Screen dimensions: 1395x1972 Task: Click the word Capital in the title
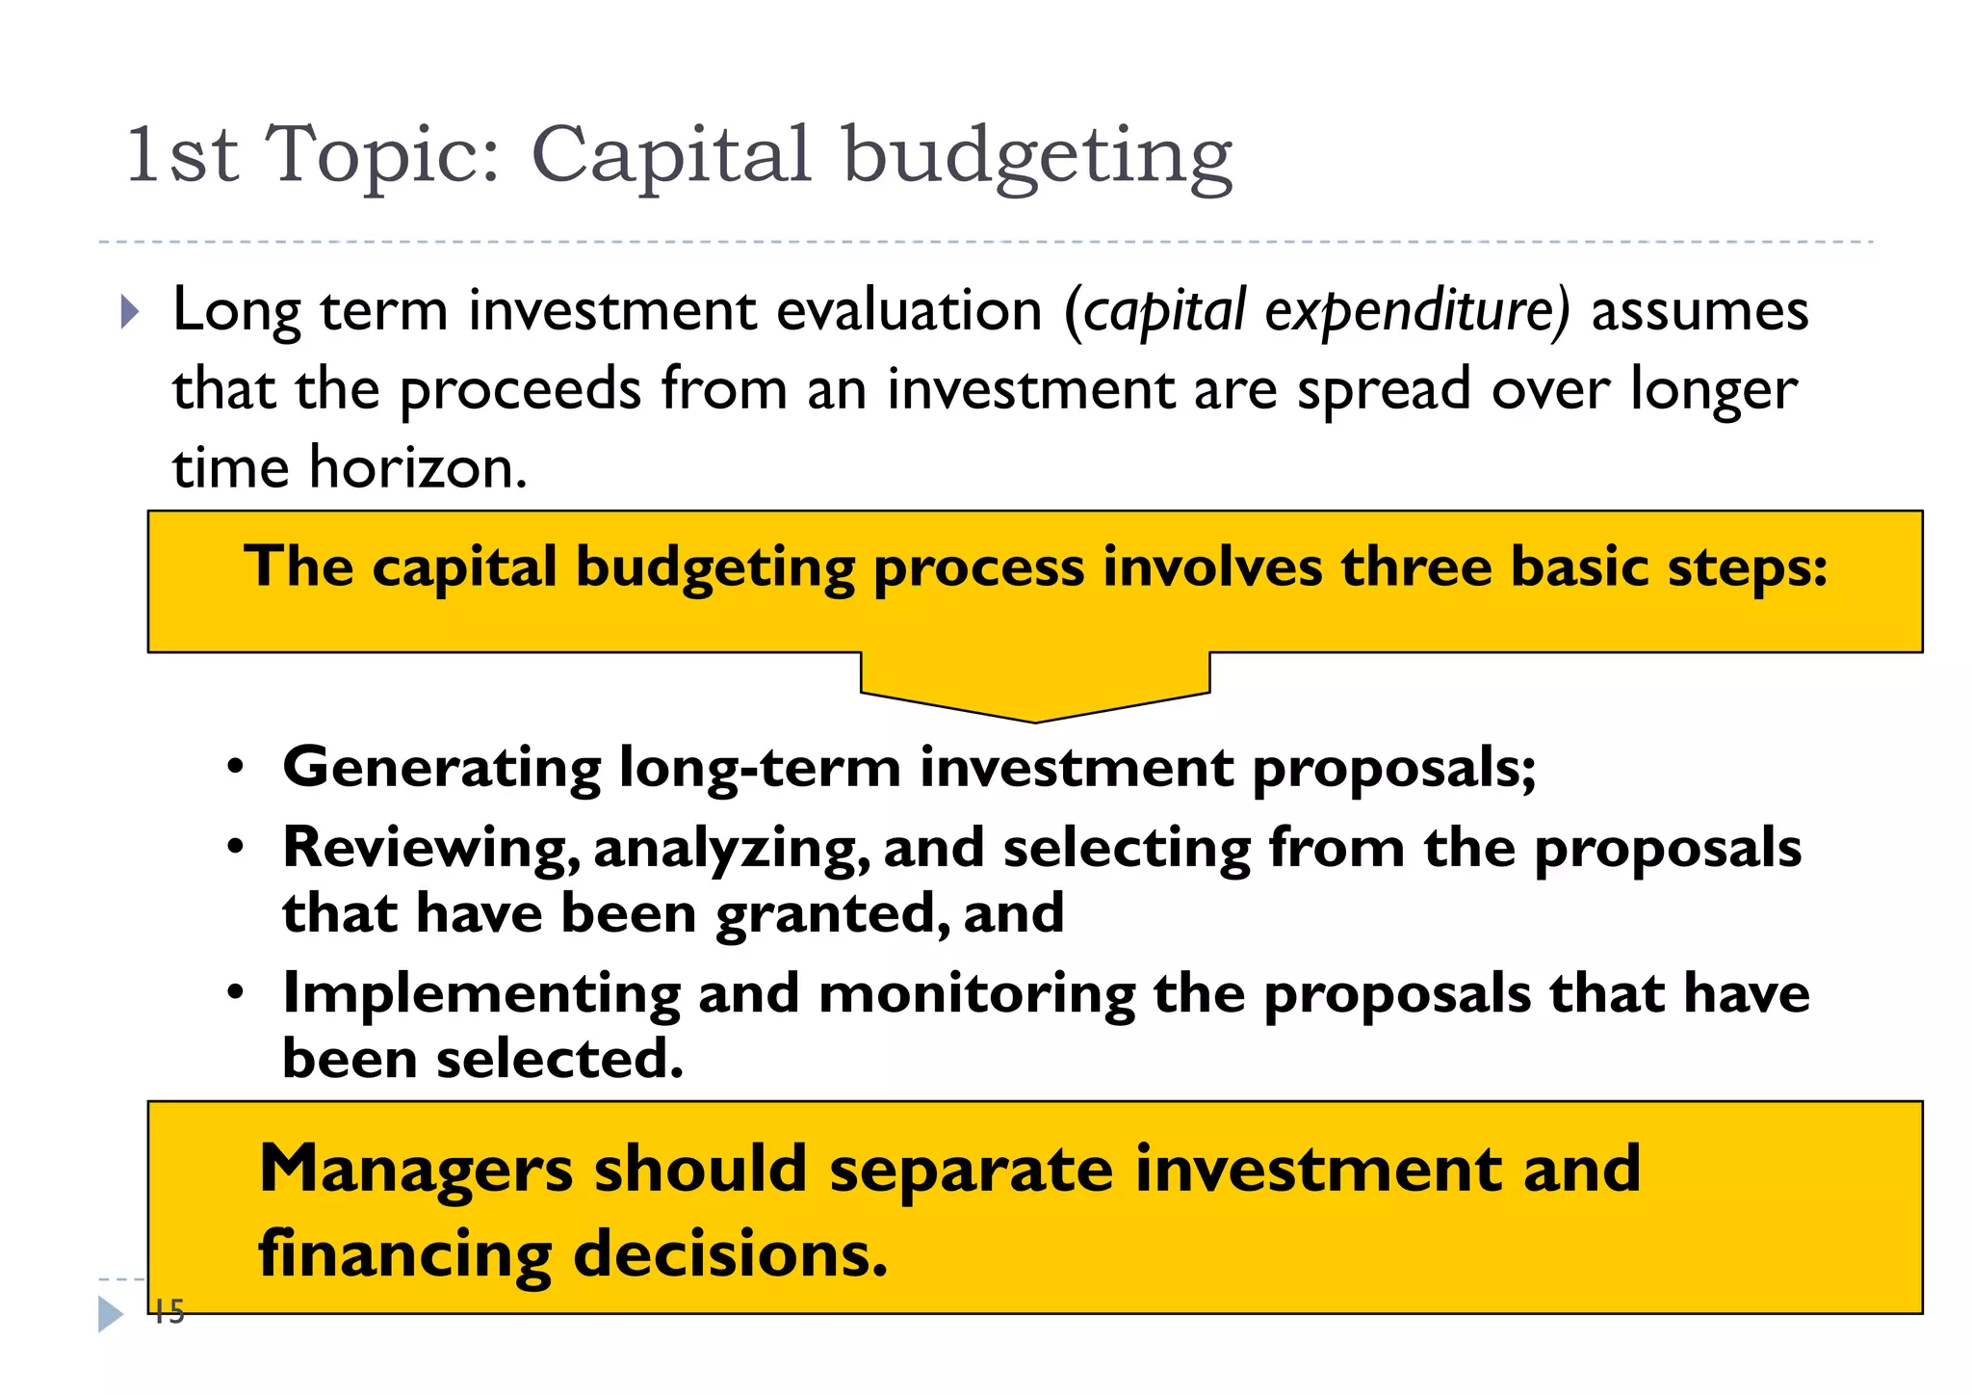671,156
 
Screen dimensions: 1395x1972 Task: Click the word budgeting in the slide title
1037,156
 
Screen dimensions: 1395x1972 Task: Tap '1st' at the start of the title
182,156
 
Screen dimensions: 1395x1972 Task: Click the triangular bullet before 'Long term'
130,312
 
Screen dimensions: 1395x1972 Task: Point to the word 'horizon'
417,468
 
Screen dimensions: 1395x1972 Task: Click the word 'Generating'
442,768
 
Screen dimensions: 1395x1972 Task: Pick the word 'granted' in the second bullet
825,913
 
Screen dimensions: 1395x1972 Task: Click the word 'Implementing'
481,993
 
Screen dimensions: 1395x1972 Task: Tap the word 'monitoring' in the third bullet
976,993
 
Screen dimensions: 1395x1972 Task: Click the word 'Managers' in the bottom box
416,1170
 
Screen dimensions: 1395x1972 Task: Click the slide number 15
169,1312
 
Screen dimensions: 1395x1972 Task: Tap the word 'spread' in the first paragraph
1384,390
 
